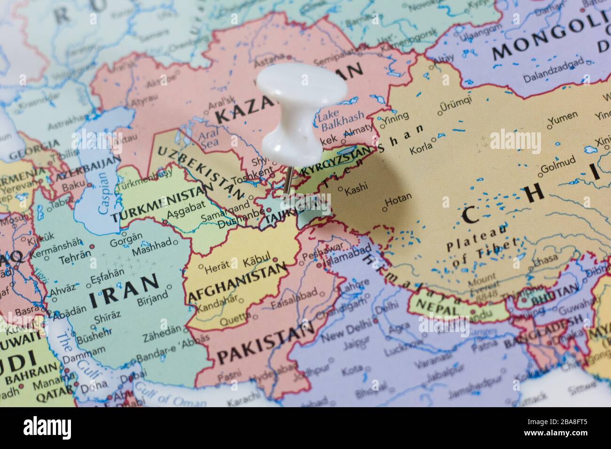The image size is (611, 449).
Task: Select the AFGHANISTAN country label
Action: click(237, 282)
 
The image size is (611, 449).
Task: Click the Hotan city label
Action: click(398, 198)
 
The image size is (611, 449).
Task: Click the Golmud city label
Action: click(558, 168)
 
